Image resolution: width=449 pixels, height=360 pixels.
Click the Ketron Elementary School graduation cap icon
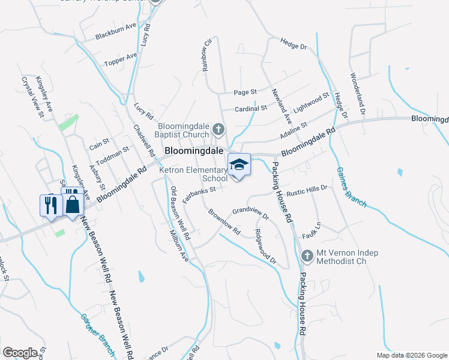coord(239,164)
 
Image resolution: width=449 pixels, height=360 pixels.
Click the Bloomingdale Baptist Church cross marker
coord(218,128)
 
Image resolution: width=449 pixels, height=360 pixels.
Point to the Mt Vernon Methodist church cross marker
coord(307,256)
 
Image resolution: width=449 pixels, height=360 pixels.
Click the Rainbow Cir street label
coord(208,56)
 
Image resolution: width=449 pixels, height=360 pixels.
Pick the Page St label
coord(245,92)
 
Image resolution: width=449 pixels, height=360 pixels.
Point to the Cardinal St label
coord(250,109)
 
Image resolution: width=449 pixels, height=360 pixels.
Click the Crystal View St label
coord(34,96)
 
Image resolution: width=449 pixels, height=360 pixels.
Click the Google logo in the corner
coord(20,352)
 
